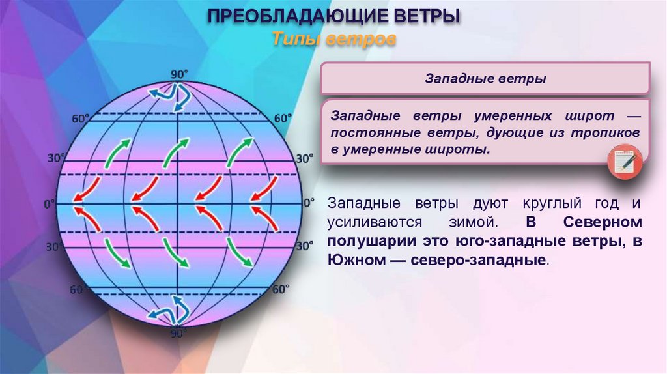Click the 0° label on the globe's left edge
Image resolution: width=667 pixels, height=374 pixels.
pos(50,204)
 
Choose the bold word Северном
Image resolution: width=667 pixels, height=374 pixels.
pos(603,222)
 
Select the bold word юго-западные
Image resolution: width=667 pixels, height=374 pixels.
pos(498,242)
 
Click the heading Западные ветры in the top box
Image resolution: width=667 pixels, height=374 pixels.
pos(485,79)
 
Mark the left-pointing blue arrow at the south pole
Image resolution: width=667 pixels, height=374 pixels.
pos(156,313)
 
